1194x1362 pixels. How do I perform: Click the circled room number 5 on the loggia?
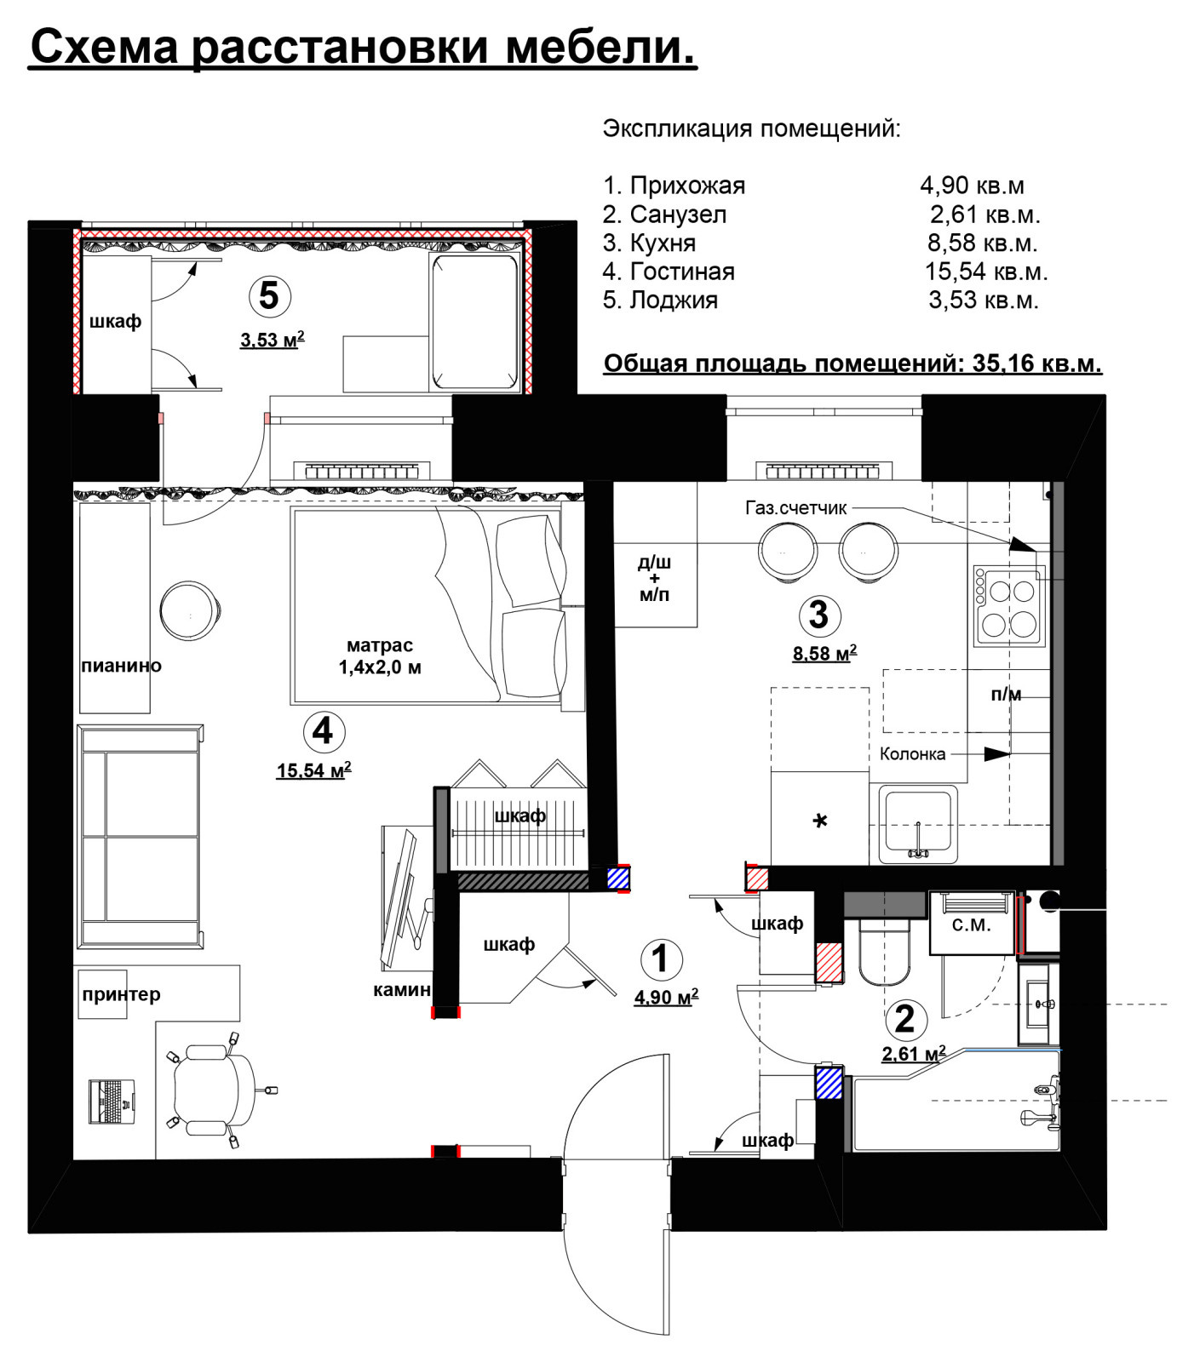pyautogui.click(x=269, y=296)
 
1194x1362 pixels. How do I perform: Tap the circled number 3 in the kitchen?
pyautogui.click(x=818, y=615)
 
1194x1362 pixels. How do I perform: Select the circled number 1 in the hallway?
pyautogui.click(x=660, y=959)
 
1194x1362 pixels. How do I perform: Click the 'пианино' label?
pyautogui.click(x=121, y=666)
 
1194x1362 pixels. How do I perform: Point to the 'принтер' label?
pyautogui.click(x=121, y=994)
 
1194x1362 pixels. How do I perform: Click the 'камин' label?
pyautogui.click(x=402, y=989)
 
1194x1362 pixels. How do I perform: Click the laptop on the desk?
pyautogui.click(x=112, y=1101)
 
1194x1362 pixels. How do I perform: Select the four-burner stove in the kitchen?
pyautogui.click(x=1009, y=605)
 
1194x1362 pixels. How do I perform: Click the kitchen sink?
pyautogui.click(x=918, y=823)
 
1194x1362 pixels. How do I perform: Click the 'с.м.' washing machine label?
pyautogui.click(x=972, y=924)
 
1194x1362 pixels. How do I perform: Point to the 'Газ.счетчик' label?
pyautogui.click(x=796, y=508)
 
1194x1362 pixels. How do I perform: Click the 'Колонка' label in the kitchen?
pyautogui.click(x=912, y=753)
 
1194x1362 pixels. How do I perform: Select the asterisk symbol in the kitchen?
pyautogui.click(x=819, y=821)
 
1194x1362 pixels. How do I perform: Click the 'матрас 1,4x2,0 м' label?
pyautogui.click(x=380, y=656)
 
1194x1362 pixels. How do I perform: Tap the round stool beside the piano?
pyautogui.click(x=191, y=610)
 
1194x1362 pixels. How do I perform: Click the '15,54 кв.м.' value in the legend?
pyautogui.click(x=986, y=272)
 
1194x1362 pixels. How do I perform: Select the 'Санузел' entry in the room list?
pyautogui.click(x=678, y=215)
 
